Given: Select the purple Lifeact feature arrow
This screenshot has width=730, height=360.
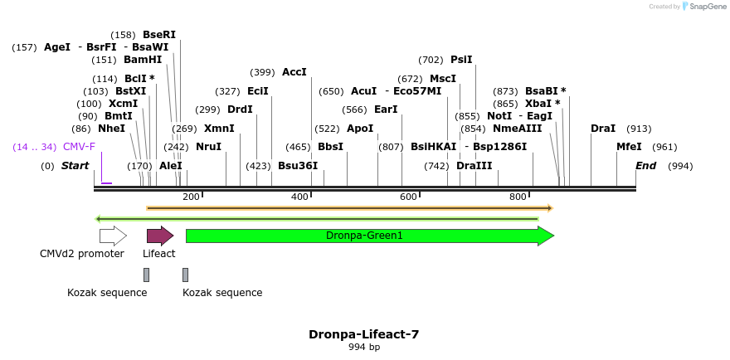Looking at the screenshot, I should click(159, 236).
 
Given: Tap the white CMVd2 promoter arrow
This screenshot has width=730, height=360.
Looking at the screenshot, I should click(113, 236).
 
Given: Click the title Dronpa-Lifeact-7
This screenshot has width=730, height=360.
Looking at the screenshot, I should click(364, 334).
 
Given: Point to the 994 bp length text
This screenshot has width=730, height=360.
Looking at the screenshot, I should click(364, 348).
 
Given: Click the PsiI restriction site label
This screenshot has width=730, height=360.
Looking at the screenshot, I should click(461, 60).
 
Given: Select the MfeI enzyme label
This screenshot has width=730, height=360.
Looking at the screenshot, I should click(629, 147).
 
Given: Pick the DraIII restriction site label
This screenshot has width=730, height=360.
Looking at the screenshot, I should click(474, 166).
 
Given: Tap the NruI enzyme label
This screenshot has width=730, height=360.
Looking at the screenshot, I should click(208, 147).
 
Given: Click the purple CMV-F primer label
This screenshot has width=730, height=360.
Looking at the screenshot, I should click(79, 147).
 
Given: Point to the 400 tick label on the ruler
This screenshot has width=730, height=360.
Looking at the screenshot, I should click(299, 197).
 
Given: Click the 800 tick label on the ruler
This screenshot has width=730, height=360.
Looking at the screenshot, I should click(518, 197).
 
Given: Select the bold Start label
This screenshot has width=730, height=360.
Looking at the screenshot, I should click(75, 166).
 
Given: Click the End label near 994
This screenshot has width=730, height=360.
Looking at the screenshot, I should click(645, 166).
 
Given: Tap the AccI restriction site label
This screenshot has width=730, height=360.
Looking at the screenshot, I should click(294, 72).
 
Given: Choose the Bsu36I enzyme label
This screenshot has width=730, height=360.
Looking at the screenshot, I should click(298, 166).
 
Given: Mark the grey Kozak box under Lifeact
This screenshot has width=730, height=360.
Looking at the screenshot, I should click(147, 275).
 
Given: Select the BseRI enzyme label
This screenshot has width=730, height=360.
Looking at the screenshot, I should click(159, 35).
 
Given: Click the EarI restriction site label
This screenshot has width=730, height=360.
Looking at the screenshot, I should click(386, 109).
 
